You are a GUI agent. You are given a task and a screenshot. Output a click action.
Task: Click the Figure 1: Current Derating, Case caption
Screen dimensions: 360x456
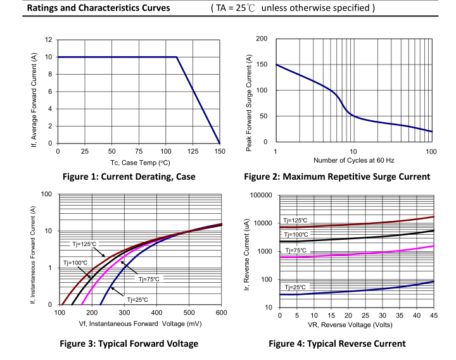pos(137,177)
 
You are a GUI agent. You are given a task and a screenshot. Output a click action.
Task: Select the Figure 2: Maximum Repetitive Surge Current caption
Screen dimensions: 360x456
pos(337,177)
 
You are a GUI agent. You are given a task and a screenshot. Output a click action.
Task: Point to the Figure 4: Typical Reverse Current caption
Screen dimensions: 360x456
pos(337,344)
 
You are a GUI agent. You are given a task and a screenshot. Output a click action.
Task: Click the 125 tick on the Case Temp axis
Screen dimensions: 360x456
pos(193,152)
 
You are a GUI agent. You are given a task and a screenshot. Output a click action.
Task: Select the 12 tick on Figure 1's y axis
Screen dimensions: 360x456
pos(49,40)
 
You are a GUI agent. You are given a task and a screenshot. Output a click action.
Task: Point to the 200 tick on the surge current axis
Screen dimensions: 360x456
pos(262,39)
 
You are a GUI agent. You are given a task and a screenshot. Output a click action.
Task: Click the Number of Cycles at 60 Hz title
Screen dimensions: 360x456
pos(353,161)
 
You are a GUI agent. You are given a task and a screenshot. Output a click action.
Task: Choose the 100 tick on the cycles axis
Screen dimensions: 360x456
pos(431,152)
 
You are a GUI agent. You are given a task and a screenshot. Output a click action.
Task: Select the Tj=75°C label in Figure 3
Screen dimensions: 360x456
pos(149,278)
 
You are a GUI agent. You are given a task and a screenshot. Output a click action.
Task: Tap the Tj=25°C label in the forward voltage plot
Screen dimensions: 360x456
pos(137,299)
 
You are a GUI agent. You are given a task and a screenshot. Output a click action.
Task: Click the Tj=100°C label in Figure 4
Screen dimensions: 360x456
pos(296,235)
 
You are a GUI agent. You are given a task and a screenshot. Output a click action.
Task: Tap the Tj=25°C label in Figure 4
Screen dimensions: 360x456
pos(294,287)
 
